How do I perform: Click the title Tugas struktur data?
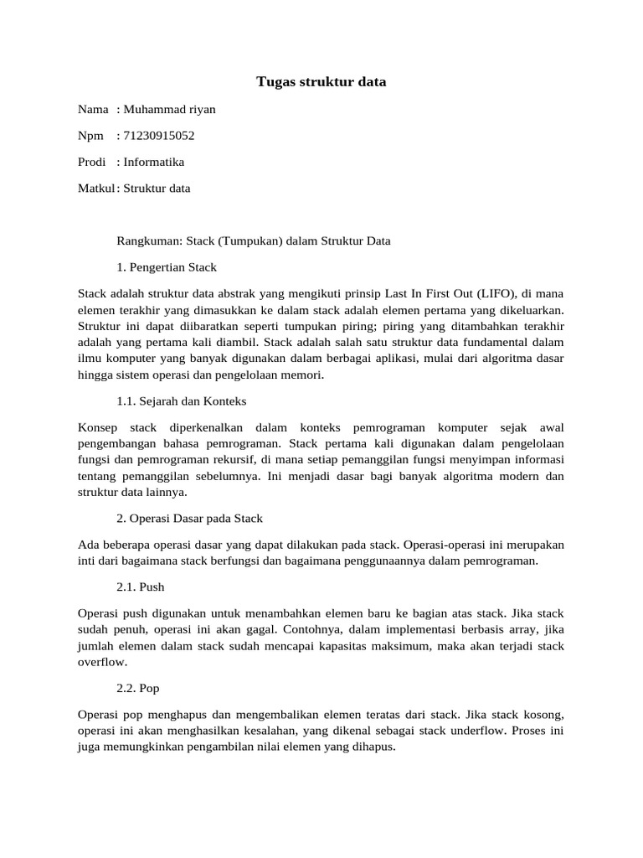tap(321, 82)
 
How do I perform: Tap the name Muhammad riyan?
tap(163, 109)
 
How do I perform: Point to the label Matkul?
tap(95, 188)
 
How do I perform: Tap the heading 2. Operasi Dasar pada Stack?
tap(190, 519)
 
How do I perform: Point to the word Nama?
tap(93, 109)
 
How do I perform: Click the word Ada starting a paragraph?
tap(87, 545)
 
